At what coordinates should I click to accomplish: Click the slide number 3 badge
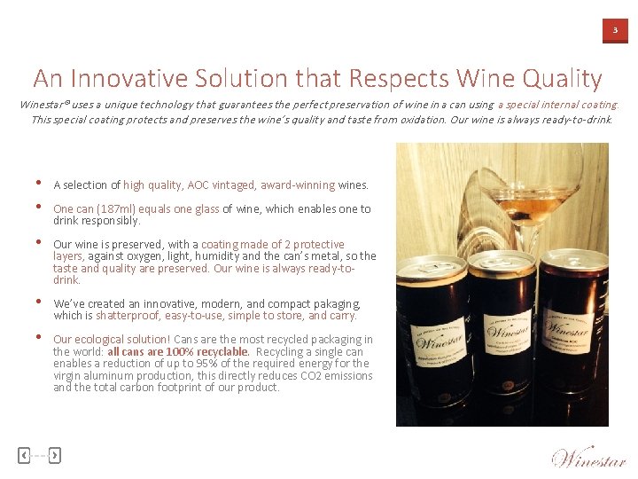coord(615,31)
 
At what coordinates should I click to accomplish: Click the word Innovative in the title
coord(132,79)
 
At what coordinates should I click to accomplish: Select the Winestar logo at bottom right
coord(588,457)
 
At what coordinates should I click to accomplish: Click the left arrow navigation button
coord(24,455)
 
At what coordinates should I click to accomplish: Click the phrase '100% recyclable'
coord(214,352)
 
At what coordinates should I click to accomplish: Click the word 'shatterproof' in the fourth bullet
coord(124,316)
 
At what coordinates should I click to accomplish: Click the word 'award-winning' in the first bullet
coord(297,185)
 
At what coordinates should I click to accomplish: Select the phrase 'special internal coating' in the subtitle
coord(557,105)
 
